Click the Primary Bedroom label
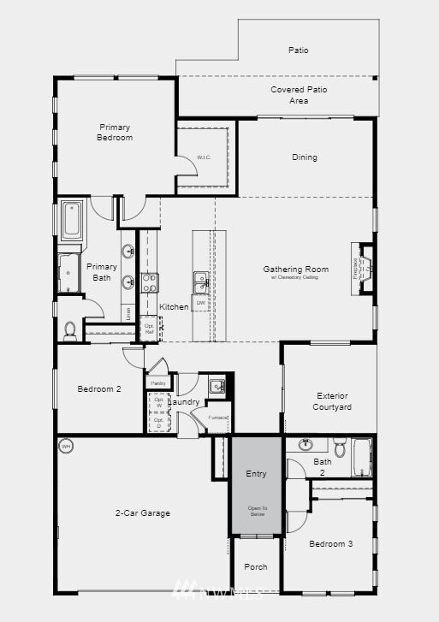(x=116, y=132)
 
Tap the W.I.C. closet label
(x=204, y=157)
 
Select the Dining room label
(x=304, y=157)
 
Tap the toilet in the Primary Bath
(x=70, y=329)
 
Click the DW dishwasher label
(x=201, y=303)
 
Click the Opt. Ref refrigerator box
(x=149, y=326)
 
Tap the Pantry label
(x=157, y=382)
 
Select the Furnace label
(x=218, y=418)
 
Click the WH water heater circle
(x=66, y=447)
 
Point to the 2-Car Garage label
(x=143, y=513)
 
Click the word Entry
(x=256, y=473)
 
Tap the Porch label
(x=255, y=566)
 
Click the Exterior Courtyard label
(x=334, y=401)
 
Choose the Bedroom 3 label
(x=330, y=544)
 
